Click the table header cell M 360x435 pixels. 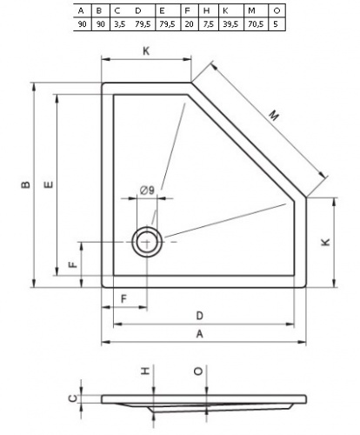coord(251,11)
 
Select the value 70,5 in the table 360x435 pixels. coord(256,24)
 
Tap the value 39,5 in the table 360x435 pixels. coord(230,24)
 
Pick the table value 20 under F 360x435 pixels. coord(189,24)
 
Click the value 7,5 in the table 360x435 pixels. coord(209,24)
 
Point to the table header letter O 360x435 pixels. coord(277,11)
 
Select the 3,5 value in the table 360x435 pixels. coord(119,24)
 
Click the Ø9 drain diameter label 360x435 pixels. coord(147,191)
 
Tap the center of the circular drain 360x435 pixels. coord(147,242)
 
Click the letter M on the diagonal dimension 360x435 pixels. coord(273,116)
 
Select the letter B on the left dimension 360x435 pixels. coord(26,184)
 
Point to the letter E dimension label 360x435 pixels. coord(49,184)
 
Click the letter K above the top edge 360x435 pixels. coord(146,51)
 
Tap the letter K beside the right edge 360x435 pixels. coord(326,242)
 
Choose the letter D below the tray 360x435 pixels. coord(200,316)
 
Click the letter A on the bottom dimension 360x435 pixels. coord(200,334)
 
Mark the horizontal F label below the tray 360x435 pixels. coord(123,298)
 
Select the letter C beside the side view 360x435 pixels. coord(74,398)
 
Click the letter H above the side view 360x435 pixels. coord(145,371)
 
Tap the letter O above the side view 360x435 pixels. coord(198,371)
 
